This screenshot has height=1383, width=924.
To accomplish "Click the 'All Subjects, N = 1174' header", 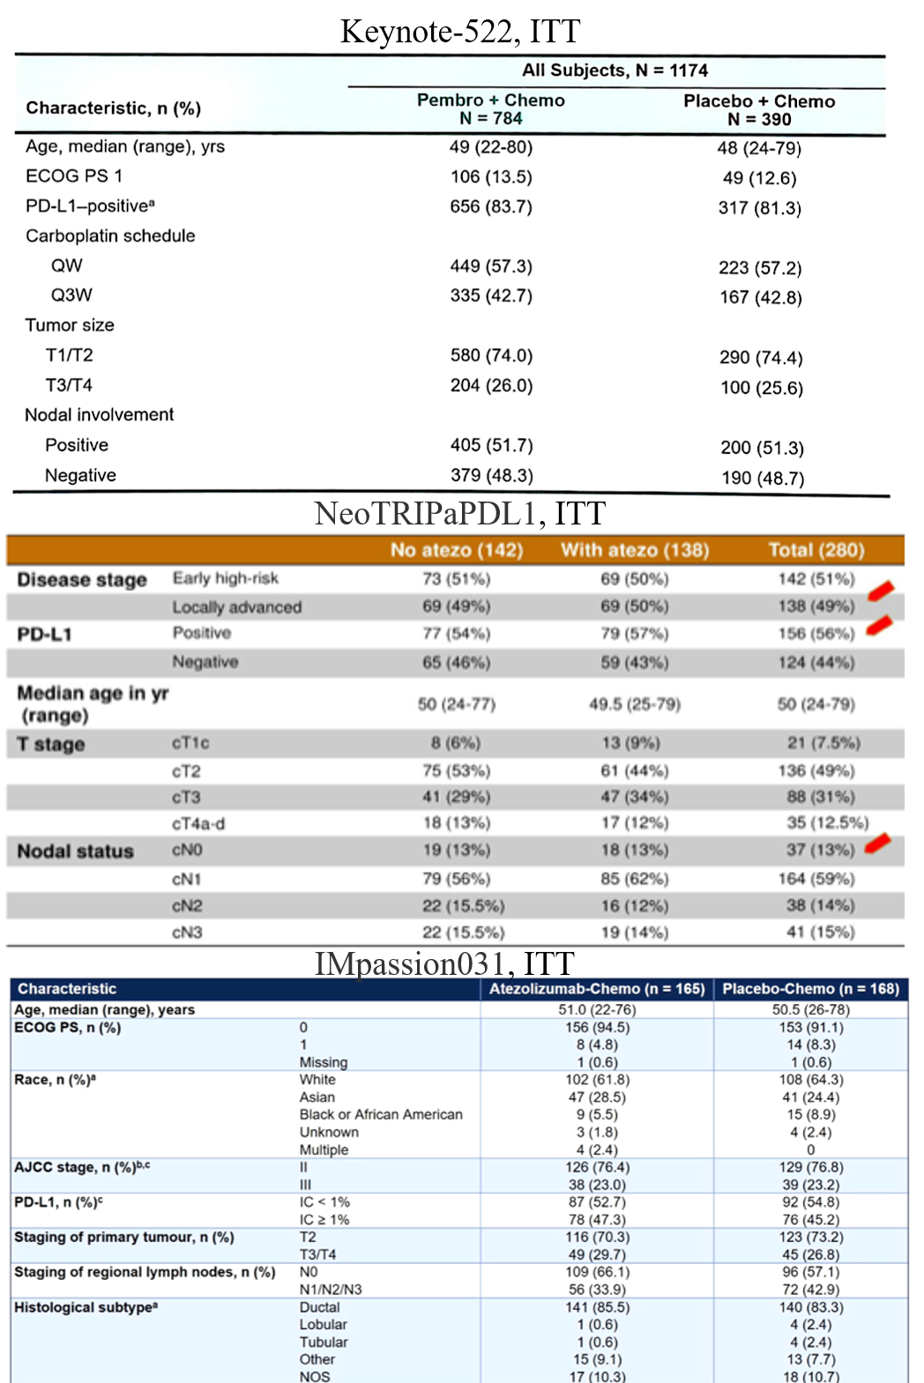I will (615, 71).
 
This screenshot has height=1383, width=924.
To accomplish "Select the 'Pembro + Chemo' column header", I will (490, 100).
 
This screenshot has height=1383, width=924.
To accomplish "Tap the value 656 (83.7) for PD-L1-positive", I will (491, 206).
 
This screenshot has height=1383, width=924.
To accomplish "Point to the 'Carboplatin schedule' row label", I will (110, 236).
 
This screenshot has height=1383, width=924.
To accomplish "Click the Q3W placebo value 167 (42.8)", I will (760, 297).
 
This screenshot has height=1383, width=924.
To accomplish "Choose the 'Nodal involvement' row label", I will (99, 414).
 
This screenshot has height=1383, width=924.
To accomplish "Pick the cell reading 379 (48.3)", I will (491, 475).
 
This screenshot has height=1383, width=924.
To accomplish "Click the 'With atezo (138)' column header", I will (635, 550).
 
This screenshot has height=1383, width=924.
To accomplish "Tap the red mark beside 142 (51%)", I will (881, 590).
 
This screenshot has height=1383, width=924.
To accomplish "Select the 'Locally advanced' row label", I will (236, 606).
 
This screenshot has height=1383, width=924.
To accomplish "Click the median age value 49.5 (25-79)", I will (635, 703).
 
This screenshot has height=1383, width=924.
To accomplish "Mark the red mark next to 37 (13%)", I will (878, 844).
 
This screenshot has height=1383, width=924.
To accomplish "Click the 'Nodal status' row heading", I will (76, 851).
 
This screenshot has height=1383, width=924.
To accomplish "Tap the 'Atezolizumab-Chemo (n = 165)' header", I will (597, 989).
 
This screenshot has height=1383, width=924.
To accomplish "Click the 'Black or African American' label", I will (381, 1114).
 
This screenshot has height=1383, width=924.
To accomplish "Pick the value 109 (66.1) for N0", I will (597, 1272).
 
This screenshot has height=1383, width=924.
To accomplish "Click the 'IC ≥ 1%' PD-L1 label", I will (324, 1220).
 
